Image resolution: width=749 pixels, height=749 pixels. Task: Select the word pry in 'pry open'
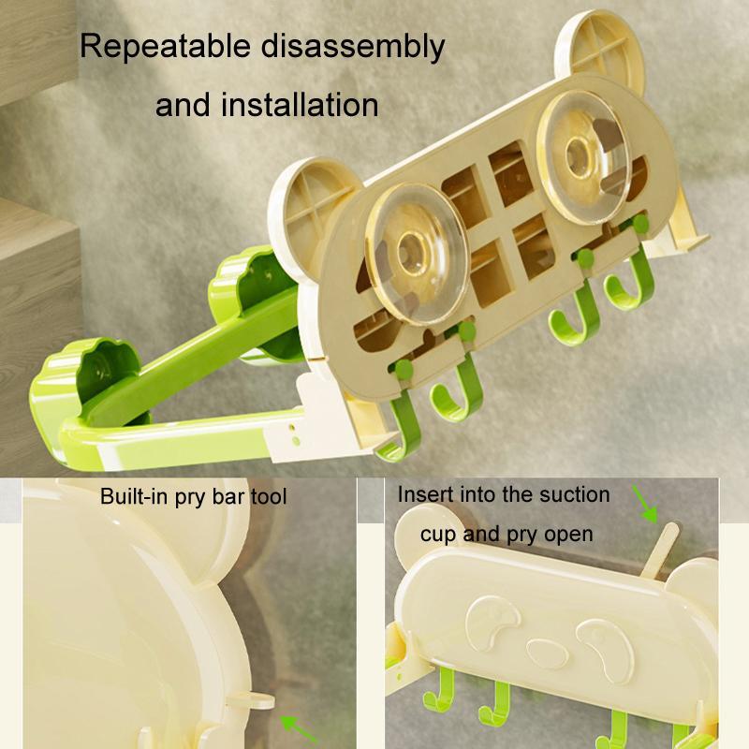click(x=527, y=534)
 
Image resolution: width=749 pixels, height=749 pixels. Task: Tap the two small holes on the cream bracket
click(x=296, y=430)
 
